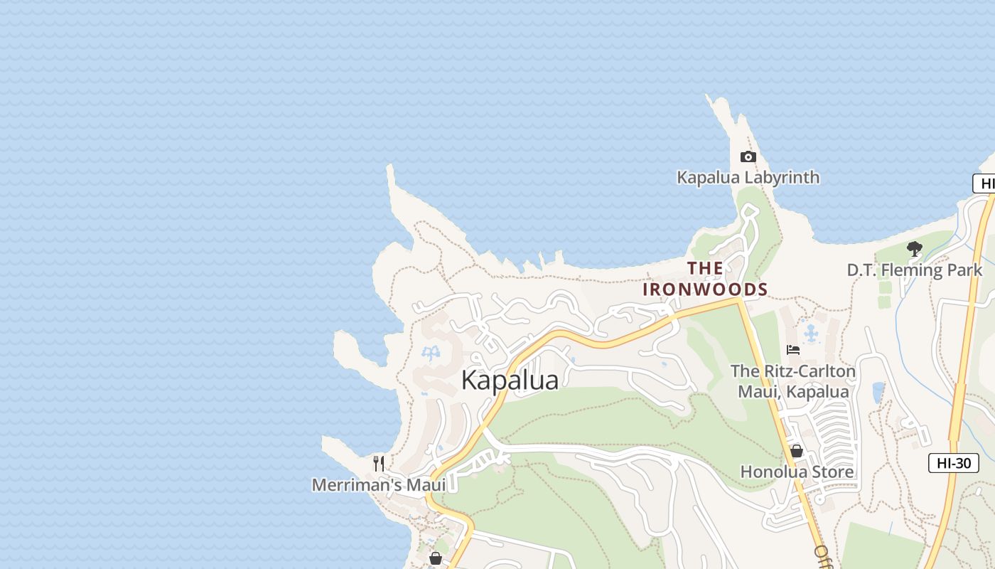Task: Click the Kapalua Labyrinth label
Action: pos(748,177)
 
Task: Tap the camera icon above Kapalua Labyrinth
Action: pos(748,156)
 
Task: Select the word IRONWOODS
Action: pos(705,289)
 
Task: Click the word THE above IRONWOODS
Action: pos(705,268)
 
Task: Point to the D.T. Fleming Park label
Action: pos(914,270)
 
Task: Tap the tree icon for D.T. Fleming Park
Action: pos(914,249)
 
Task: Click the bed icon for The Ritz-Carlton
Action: pos(793,349)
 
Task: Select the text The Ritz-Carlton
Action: pos(793,371)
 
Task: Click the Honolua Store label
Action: pos(797,472)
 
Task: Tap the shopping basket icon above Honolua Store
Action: pos(796,451)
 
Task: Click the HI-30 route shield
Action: pos(953,463)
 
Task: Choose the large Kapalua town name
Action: pos(510,381)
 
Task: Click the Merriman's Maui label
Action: pos(379,485)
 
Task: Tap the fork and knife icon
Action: pos(379,464)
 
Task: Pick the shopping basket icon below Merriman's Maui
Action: pos(436,558)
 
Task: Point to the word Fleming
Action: pos(912,270)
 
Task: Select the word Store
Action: pos(833,472)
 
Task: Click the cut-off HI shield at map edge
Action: pos(985,184)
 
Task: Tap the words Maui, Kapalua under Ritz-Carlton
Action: pos(793,392)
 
